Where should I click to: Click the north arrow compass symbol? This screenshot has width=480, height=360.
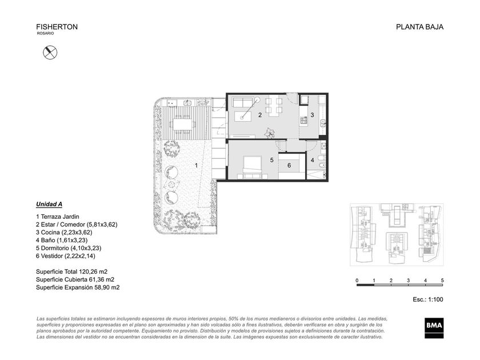50,53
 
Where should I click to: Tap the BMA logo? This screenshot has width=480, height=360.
434,327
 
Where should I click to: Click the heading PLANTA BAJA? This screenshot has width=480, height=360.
419,27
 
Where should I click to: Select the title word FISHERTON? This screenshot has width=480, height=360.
57,27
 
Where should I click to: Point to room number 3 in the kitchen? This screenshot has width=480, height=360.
312,115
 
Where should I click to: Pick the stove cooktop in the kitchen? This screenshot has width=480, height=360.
303,121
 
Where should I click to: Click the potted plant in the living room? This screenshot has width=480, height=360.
270,133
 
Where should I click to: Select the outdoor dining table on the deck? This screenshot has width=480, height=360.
183,124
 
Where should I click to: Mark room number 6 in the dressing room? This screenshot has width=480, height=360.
289,166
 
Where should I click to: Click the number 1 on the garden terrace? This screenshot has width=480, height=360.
196,166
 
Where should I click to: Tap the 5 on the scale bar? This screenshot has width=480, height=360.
442,280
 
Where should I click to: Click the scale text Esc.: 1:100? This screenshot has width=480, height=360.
427,299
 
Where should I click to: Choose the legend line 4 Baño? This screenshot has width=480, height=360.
62,241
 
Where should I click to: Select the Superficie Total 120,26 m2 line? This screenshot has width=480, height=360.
71,271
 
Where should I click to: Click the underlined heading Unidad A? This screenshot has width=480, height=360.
49,204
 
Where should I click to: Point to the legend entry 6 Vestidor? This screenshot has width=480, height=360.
66,256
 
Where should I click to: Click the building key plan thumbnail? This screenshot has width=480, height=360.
397,234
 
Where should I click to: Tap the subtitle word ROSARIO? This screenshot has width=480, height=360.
45,33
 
